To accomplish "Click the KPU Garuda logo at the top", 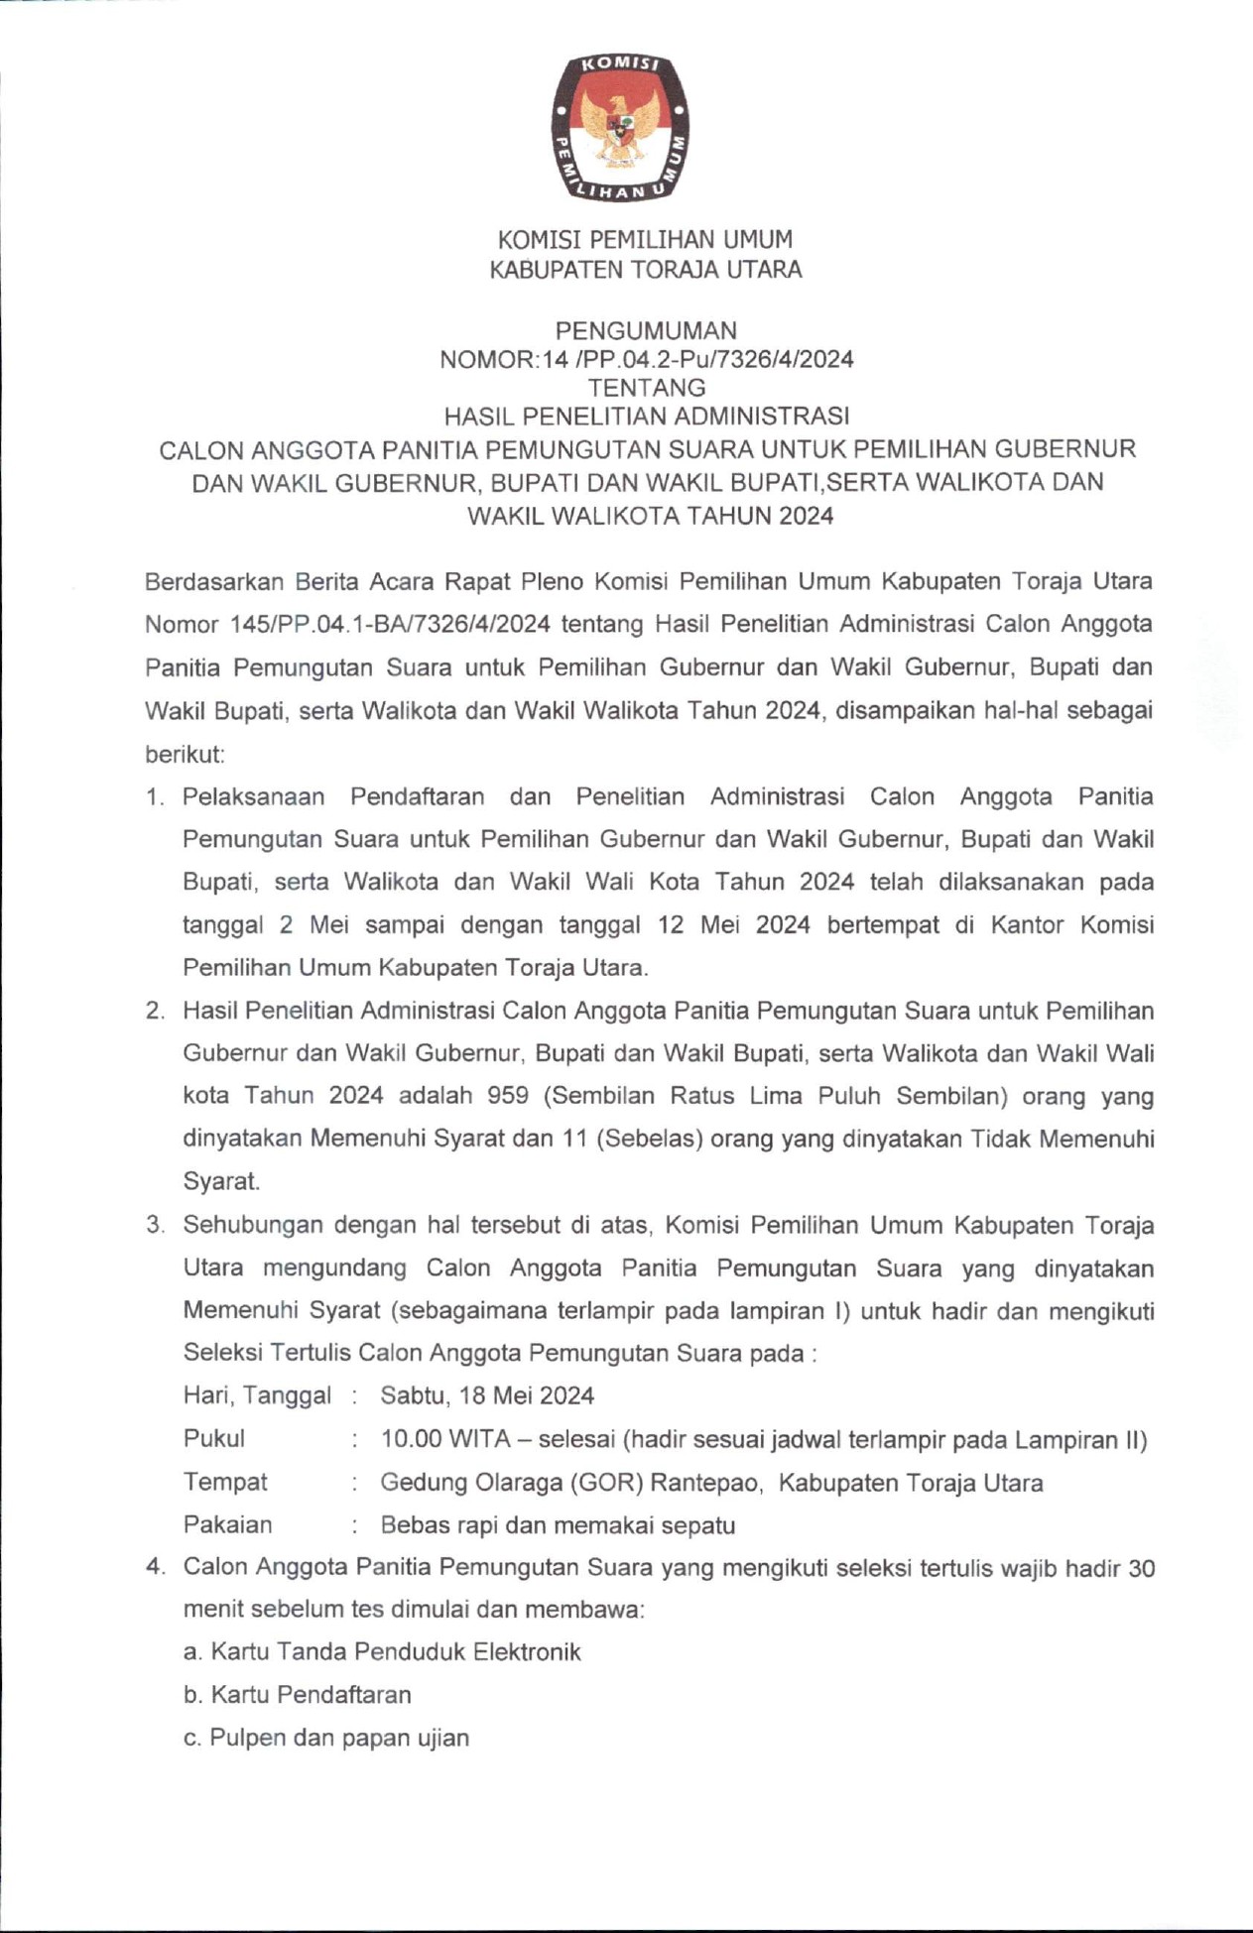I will coord(622,127).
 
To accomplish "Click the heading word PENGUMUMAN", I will coord(646,330).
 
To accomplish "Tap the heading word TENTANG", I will coord(646,388).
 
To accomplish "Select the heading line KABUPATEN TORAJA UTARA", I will coord(646,270).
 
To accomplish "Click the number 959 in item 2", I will coord(507,1096).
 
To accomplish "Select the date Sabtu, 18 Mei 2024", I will coord(487,1395).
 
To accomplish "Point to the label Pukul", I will coord(213,1439).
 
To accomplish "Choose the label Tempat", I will coord(225,1482).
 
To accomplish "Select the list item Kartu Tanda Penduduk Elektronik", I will coord(396,1652).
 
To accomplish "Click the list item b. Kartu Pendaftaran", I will coord(298,1695).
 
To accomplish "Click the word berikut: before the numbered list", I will coord(186,754).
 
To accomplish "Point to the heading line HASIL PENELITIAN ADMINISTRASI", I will coord(646,416).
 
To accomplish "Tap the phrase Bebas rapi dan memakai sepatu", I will coord(558,1525).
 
